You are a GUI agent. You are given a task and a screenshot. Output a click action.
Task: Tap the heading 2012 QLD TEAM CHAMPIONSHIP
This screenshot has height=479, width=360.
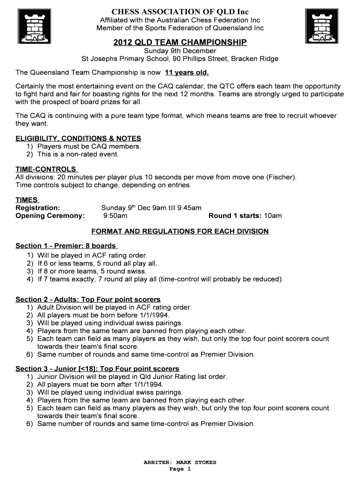click(180, 43)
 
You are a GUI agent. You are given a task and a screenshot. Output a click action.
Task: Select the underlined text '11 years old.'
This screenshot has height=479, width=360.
click(187, 73)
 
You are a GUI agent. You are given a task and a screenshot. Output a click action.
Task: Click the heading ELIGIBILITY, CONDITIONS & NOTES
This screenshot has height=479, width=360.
click(78, 138)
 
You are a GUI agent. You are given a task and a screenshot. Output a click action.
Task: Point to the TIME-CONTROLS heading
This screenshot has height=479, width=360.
click(46, 169)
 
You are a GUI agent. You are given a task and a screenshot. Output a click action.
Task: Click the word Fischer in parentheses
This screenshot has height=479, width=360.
click(281, 177)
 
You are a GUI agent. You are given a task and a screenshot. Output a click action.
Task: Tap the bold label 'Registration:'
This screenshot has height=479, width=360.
click(38, 208)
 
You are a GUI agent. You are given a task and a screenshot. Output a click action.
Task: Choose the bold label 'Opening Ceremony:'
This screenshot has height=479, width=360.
click(50, 216)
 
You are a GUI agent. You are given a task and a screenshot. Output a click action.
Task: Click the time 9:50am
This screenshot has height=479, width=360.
click(115, 216)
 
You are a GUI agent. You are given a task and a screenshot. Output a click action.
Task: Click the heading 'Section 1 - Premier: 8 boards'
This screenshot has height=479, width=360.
click(66, 246)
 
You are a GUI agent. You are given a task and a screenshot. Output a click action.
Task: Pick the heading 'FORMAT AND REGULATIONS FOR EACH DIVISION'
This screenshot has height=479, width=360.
click(180, 231)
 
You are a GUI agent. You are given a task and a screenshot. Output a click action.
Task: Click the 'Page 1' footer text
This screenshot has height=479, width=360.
click(180, 469)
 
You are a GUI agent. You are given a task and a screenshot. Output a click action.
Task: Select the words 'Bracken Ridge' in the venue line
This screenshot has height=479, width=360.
click(255, 58)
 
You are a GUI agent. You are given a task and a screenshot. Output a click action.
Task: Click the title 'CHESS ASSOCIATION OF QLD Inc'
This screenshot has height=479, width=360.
click(180, 11)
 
